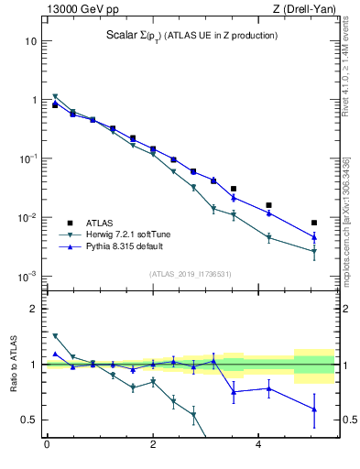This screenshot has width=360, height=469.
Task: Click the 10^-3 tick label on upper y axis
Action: (x=29, y=277)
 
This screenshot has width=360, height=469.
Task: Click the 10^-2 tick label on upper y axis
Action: (x=29, y=218)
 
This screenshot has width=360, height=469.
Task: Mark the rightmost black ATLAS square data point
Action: (x=314, y=223)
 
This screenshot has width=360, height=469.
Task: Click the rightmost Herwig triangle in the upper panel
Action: (x=314, y=251)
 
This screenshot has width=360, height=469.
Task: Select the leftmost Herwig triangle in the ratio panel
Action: (x=55, y=336)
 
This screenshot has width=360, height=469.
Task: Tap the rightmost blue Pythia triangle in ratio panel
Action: (x=314, y=409)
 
